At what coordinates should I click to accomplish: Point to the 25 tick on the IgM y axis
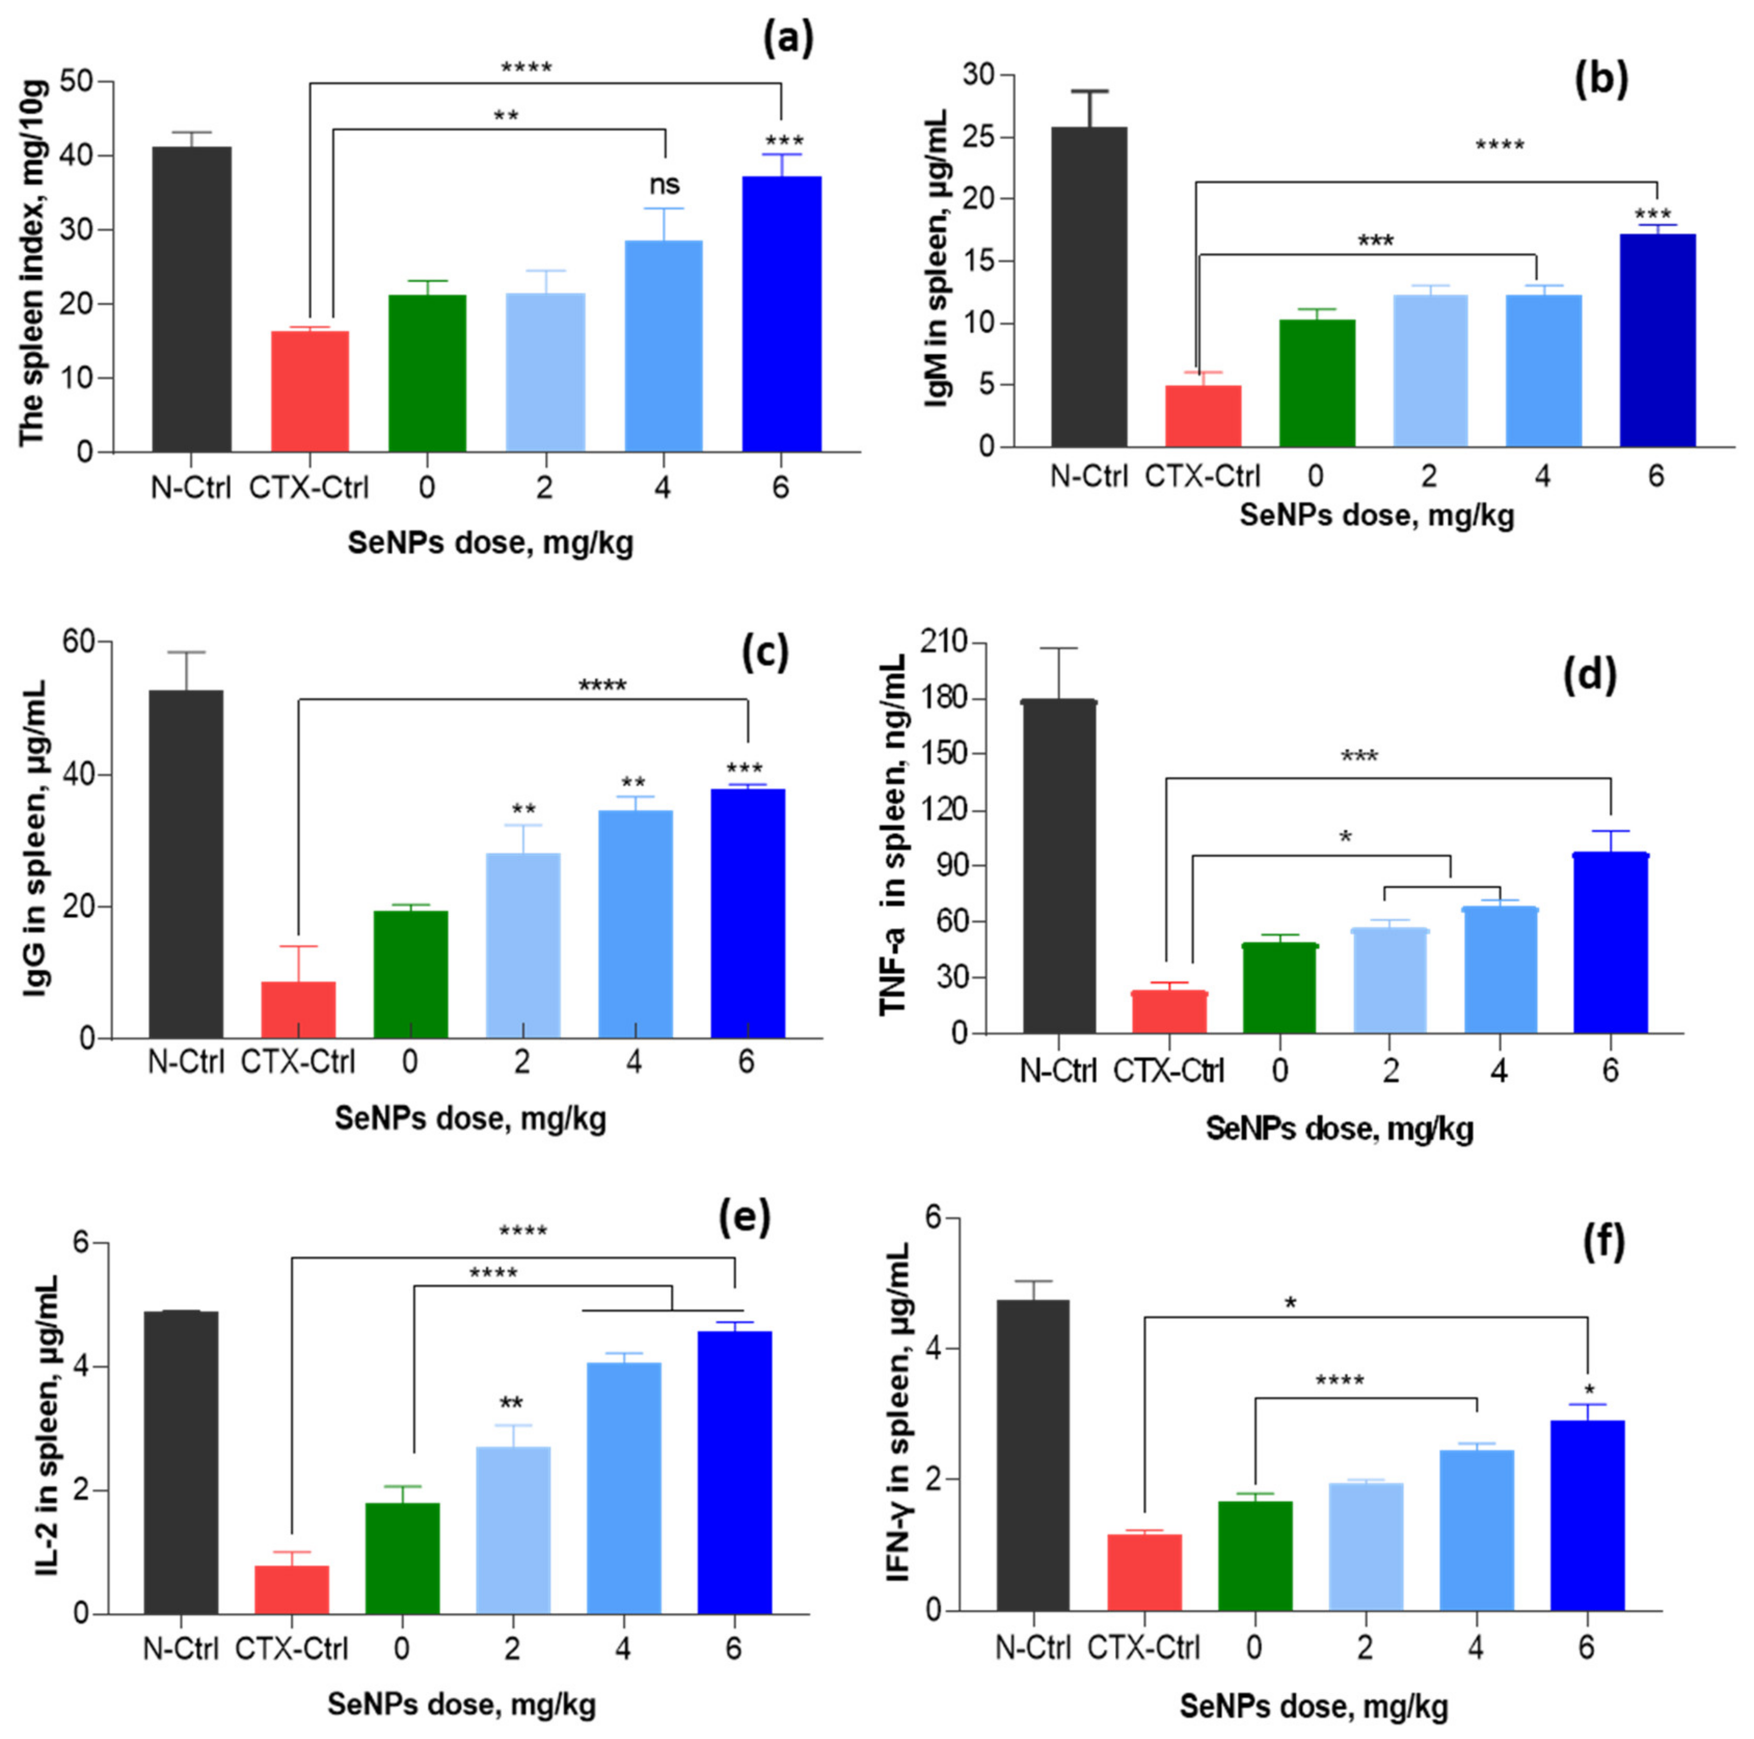tap(973, 138)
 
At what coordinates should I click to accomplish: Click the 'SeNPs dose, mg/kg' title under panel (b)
tap(1377, 515)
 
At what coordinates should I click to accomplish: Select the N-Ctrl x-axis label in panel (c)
tap(186, 1061)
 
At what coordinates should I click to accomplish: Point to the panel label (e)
tap(745, 1217)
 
